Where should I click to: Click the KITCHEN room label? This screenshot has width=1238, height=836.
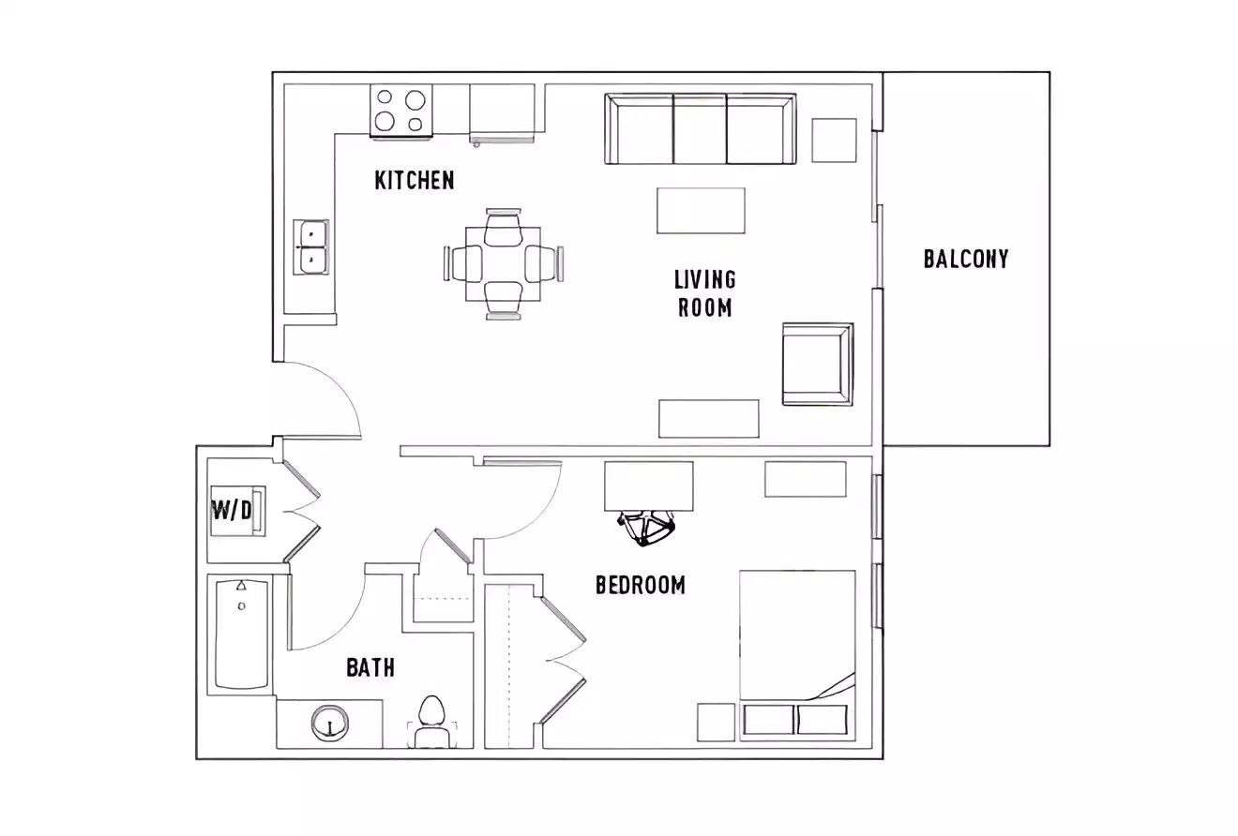click(x=415, y=180)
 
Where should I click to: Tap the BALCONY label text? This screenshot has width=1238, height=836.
click(x=966, y=259)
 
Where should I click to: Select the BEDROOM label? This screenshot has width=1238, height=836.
click(x=641, y=586)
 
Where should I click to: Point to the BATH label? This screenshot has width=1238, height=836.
click(x=370, y=668)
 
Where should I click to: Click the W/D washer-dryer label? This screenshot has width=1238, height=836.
click(x=232, y=511)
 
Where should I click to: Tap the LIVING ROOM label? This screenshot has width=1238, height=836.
click(x=705, y=293)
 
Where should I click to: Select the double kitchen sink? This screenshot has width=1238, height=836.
click(x=310, y=246)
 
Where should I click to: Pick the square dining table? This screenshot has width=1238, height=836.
click(x=504, y=263)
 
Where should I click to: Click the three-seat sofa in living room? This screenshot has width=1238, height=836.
click(x=701, y=128)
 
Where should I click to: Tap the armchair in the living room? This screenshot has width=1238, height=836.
click(x=817, y=364)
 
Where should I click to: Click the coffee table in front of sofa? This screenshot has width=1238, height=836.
click(x=702, y=211)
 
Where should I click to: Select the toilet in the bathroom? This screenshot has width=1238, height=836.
click(x=431, y=721)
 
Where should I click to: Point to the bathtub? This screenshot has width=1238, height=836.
click(x=241, y=634)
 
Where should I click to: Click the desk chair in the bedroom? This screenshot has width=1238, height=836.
click(x=646, y=529)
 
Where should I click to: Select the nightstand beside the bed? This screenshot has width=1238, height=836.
click(x=716, y=722)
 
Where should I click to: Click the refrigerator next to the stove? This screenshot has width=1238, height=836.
click(x=502, y=112)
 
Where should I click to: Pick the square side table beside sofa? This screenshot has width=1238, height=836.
click(x=834, y=141)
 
